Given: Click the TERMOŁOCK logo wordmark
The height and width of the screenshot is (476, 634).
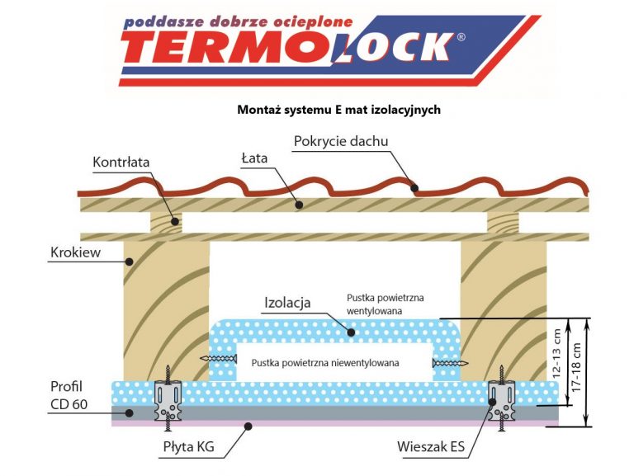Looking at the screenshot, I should (x=297, y=48).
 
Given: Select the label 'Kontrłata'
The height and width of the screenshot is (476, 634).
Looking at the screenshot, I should (x=121, y=162).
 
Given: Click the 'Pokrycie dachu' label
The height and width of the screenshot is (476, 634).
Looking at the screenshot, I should (x=341, y=141).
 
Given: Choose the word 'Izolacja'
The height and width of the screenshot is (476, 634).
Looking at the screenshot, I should (x=287, y=303).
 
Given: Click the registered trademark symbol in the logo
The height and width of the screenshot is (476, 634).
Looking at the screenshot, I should (x=461, y=37).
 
